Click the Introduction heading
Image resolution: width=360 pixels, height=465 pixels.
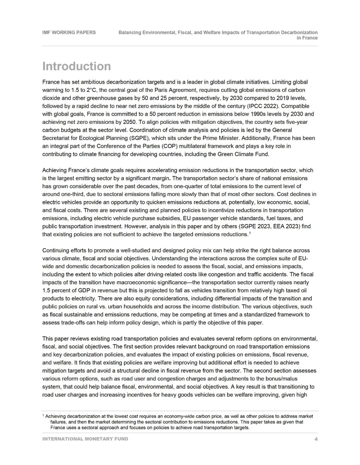[x=76, y=66]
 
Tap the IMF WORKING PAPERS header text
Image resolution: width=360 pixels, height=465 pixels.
[x=69, y=32]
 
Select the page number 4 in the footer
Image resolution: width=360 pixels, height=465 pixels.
[x=316, y=439]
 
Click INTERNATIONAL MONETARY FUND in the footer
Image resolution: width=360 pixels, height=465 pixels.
[x=85, y=439]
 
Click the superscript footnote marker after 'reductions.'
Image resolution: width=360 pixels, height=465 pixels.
[x=250, y=233]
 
